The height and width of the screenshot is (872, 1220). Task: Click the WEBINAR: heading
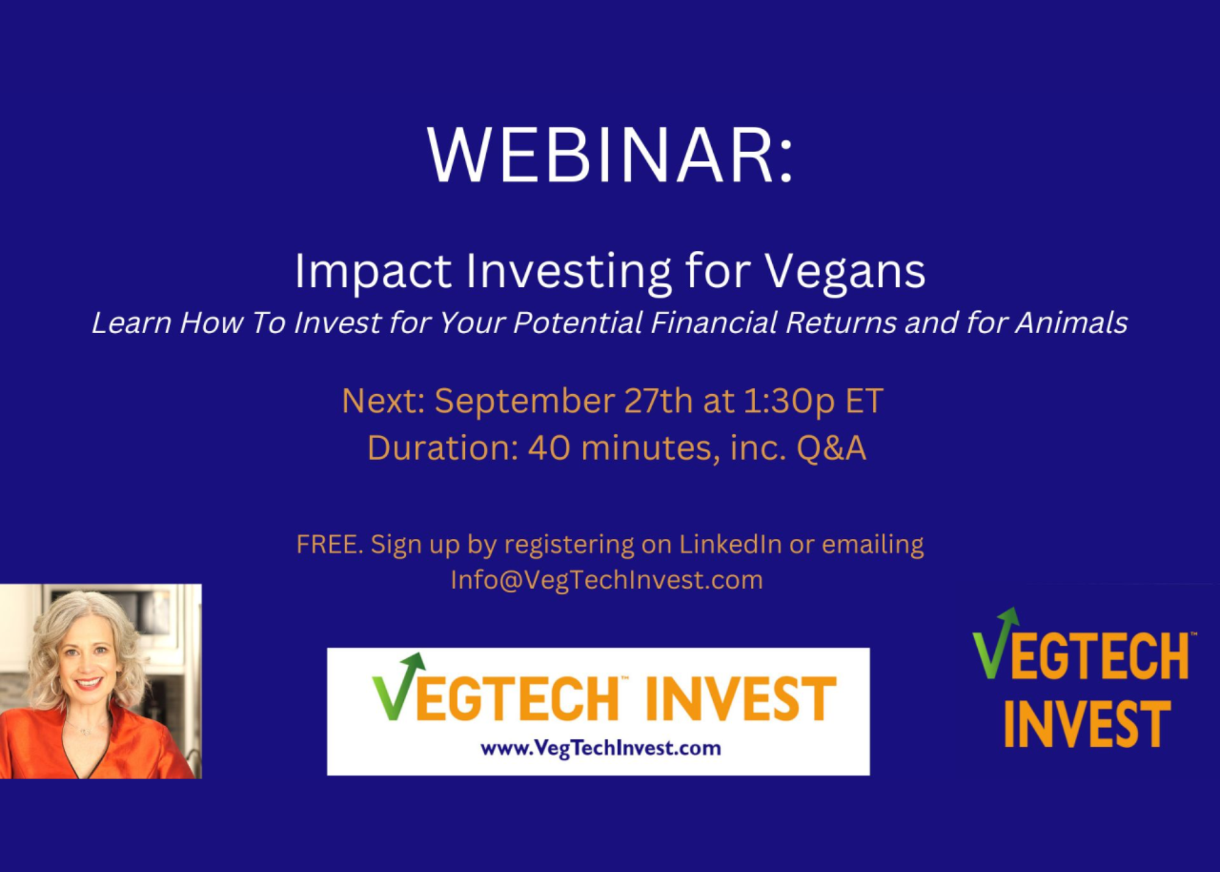[x=610, y=155]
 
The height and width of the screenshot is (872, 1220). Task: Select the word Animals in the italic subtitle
[x=1071, y=323]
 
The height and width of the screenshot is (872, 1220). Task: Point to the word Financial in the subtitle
[x=714, y=323]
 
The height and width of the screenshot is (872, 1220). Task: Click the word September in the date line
[x=525, y=402]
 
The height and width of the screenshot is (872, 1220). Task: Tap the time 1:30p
[x=788, y=402]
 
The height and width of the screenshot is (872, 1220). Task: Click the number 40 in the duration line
[x=549, y=448]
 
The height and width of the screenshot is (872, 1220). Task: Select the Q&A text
[x=831, y=448]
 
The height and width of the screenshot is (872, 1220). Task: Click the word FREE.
[x=329, y=544]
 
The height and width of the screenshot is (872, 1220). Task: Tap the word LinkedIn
[x=730, y=544]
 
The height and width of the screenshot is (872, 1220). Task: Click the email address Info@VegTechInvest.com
[x=607, y=580]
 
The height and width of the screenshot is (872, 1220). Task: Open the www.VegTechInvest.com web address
[x=601, y=748]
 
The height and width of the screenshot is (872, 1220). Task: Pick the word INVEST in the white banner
[x=741, y=699]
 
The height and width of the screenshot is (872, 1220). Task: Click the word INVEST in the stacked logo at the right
[x=1087, y=724]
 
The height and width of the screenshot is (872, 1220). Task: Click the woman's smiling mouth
[x=89, y=683]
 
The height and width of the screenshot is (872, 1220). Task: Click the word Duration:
[x=443, y=448]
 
